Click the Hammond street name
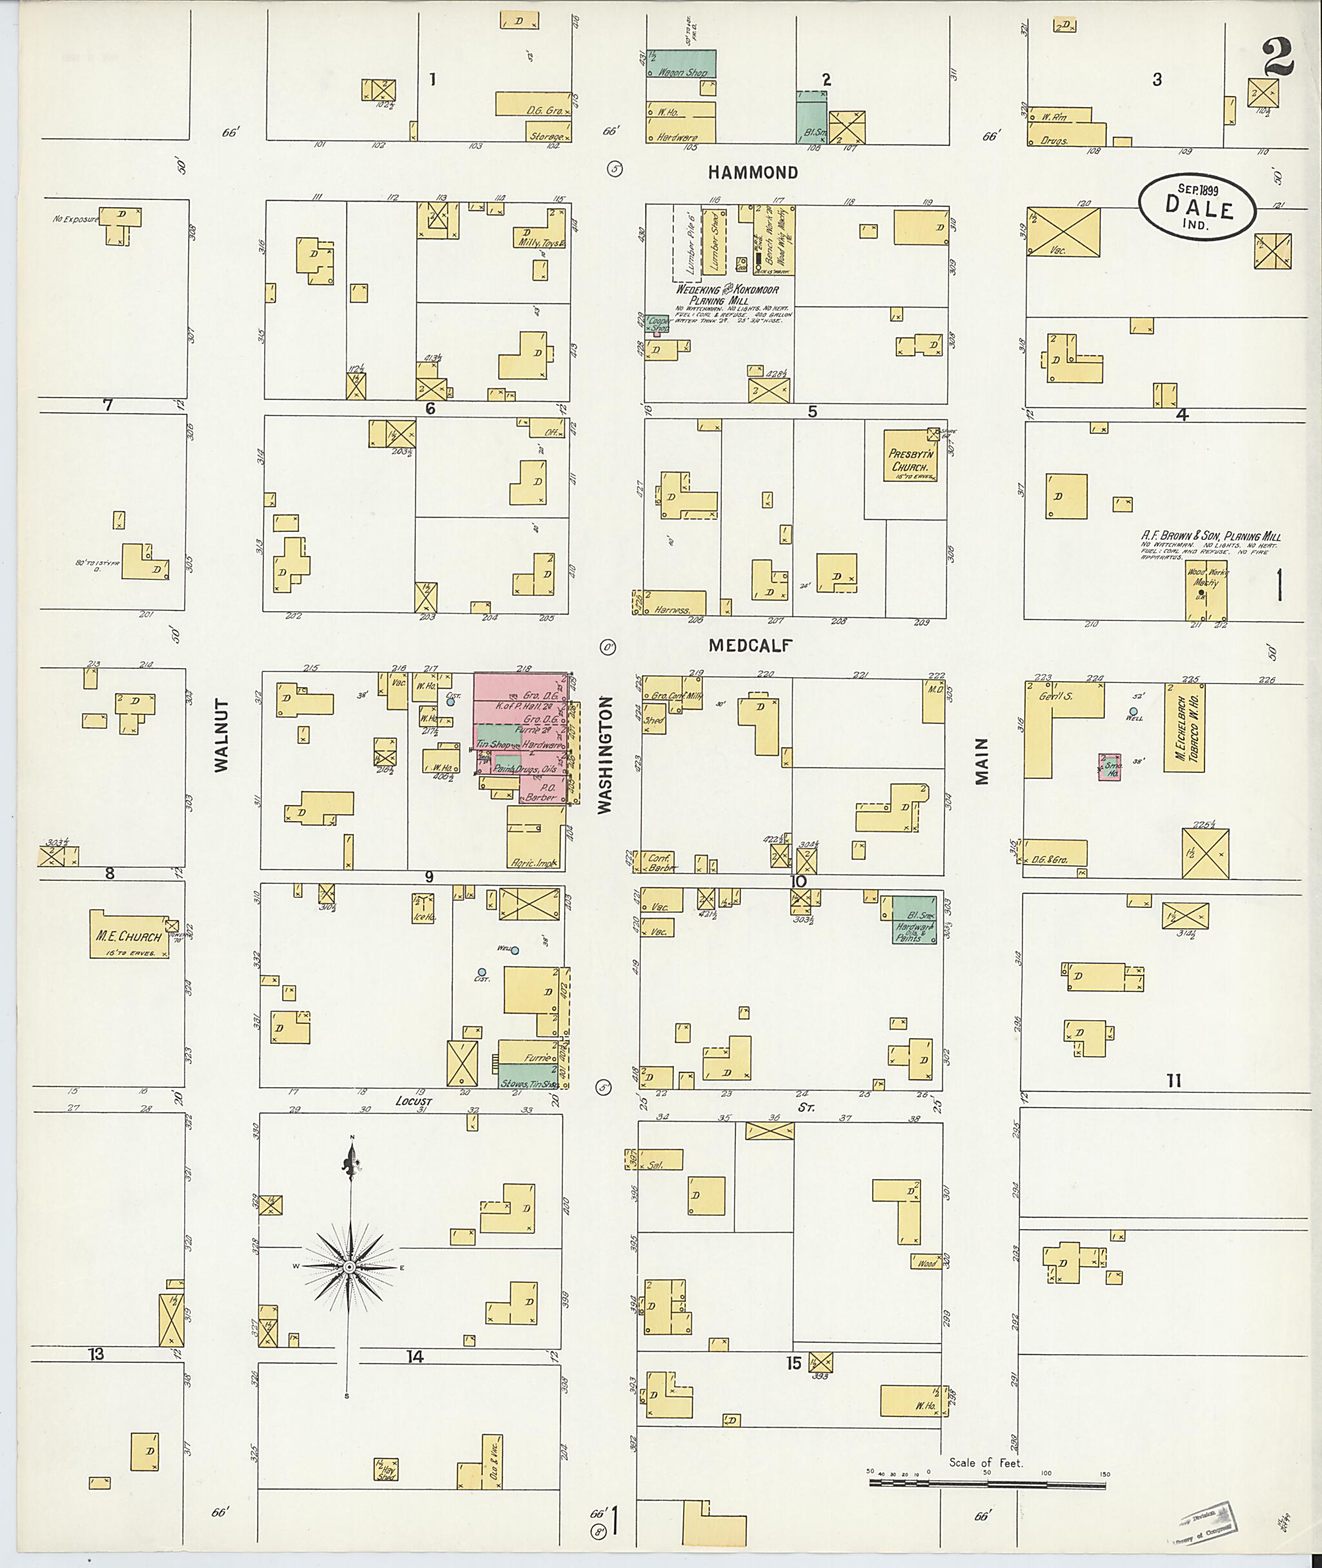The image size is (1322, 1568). click(753, 172)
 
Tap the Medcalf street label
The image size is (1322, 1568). click(750, 645)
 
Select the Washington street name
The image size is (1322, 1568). click(605, 755)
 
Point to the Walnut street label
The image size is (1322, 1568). click(220, 735)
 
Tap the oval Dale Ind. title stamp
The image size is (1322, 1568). click(1197, 208)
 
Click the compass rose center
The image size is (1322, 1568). click(349, 1267)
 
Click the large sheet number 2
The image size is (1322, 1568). click(1278, 59)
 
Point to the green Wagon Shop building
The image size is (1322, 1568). click(681, 64)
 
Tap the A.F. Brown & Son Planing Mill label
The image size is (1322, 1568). click(1210, 536)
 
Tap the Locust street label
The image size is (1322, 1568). click(414, 1102)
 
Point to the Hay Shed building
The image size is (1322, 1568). click(386, 1470)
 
